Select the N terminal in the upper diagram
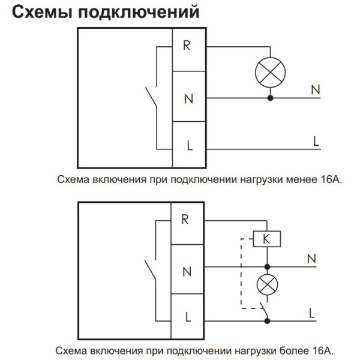188,98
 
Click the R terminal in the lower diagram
185,219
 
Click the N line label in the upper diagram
316,90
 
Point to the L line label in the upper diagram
316,142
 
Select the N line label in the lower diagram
311,259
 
